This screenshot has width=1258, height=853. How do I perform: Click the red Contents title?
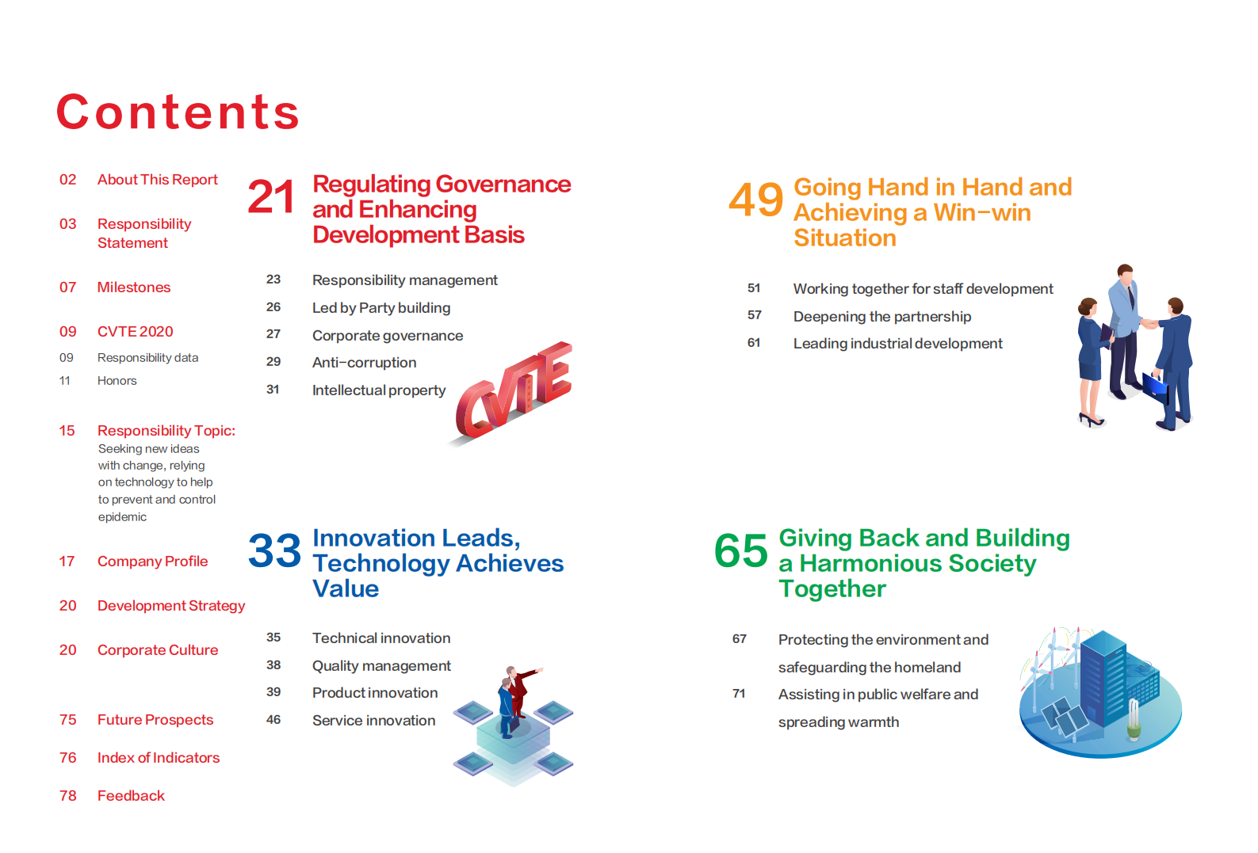point(178,112)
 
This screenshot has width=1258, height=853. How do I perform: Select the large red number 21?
point(271,196)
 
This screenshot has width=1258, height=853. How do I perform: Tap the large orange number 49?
point(756,200)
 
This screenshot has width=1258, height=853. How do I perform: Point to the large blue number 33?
point(274,550)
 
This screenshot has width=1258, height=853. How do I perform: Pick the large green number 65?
point(740,550)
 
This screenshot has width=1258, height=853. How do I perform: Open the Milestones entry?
point(134,288)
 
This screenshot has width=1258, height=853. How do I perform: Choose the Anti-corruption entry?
point(364,363)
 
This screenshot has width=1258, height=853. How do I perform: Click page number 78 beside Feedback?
point(68,796)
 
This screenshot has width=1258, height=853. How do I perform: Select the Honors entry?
point(117,380)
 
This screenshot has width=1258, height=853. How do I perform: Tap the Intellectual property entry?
point(379,390)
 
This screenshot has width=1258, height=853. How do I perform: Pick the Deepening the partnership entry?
point(881,317)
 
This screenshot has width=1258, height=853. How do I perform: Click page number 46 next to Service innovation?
point(273,719)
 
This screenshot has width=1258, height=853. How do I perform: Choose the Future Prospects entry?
point(155,719)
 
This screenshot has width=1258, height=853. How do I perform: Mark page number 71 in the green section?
point(739,694)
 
